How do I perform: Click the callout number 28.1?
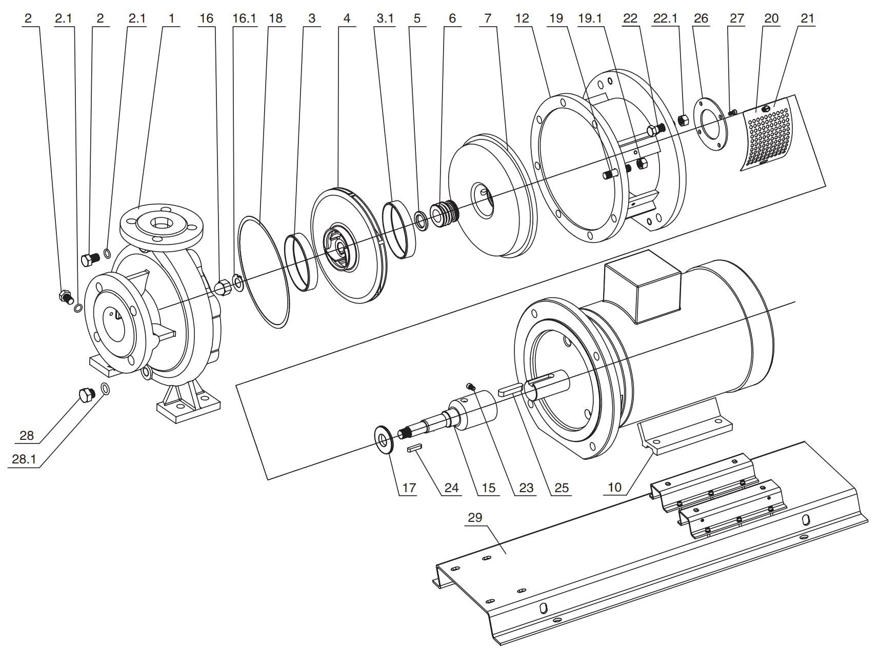pos(24,459)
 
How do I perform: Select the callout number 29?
pos(475,517)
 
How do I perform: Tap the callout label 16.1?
pos(244,18)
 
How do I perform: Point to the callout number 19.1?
pos(590,18)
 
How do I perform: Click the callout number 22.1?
pos(665,18)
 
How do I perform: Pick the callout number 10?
pos(614,487)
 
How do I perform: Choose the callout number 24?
pos(451,488)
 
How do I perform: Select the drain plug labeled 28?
pos(87,395)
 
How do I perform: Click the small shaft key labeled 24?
pos(414,448)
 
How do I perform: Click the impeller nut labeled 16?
pos(223,288)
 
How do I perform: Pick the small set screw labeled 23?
pos(470,386)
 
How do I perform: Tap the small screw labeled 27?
pos(732,111)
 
